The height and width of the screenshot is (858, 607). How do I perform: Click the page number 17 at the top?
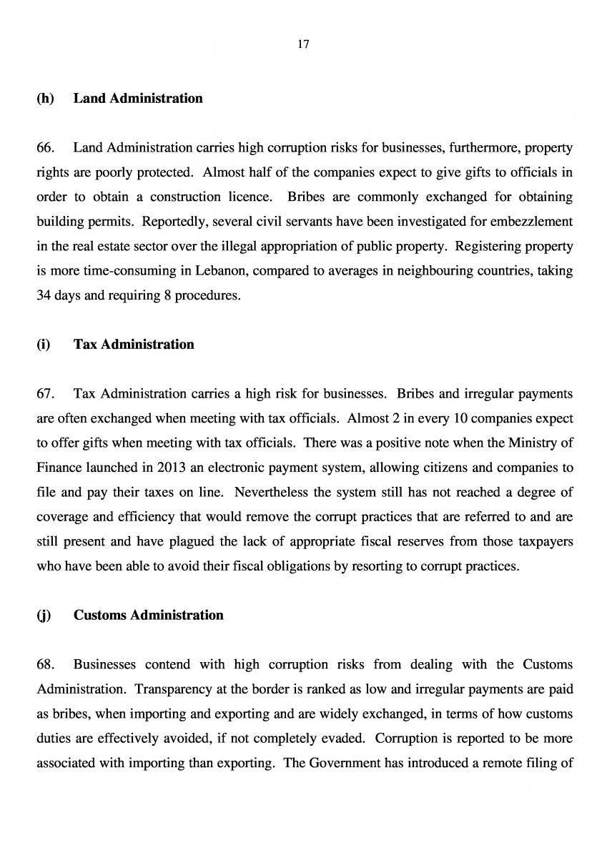click(303, 44)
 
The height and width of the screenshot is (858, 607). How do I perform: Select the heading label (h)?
click(45, 99)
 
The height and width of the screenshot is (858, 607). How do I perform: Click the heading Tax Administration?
click(134, 345)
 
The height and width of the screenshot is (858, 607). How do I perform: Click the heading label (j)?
click(44, 615)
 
